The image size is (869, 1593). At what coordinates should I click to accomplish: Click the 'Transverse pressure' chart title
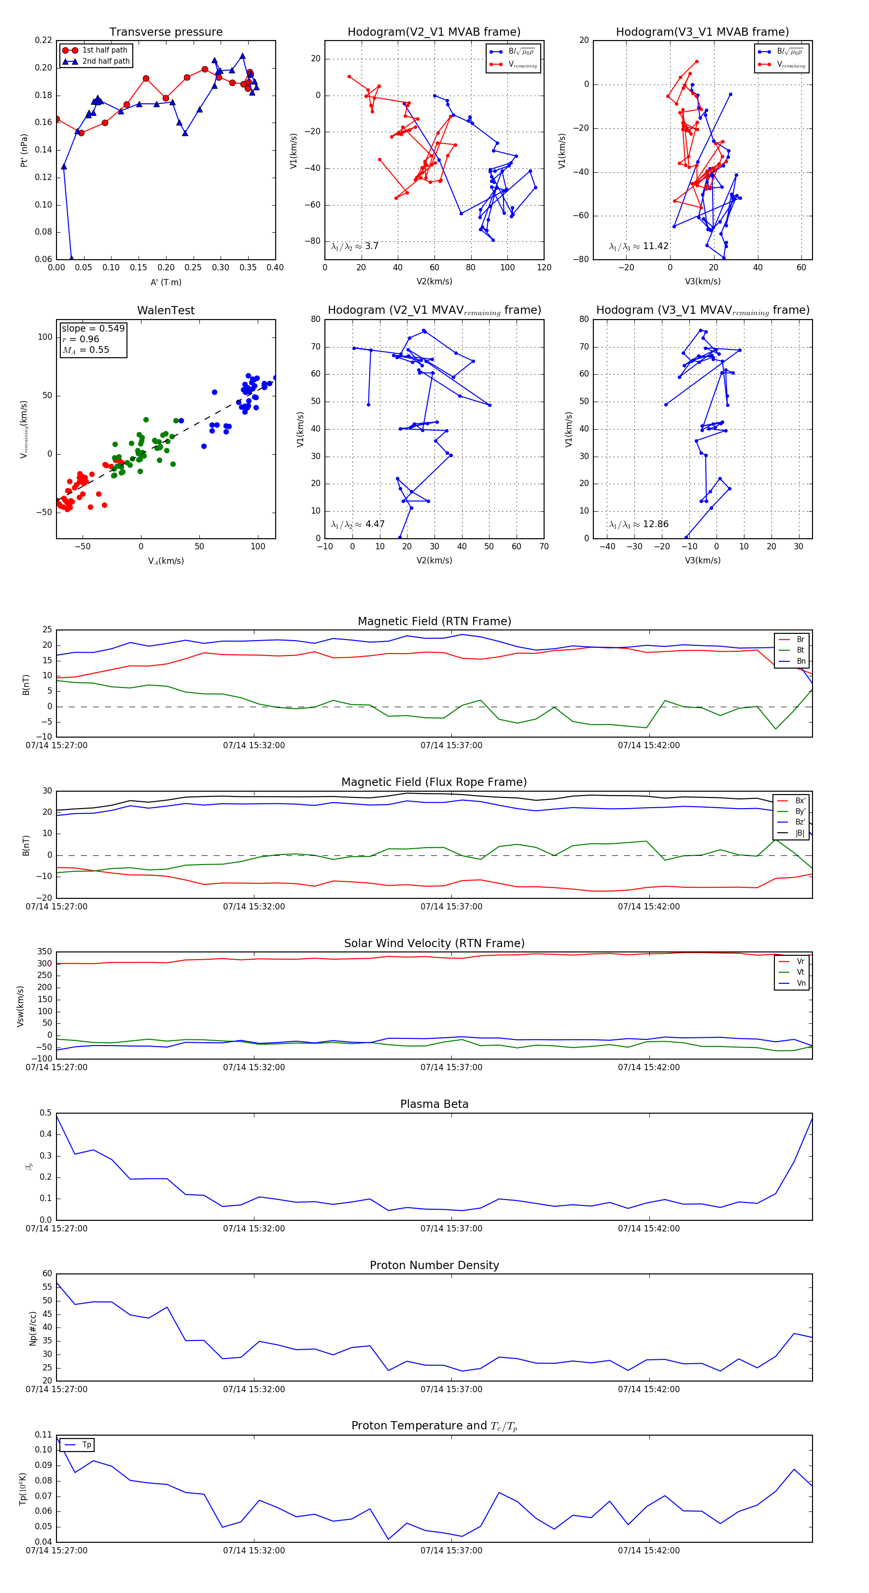tap(166, 32)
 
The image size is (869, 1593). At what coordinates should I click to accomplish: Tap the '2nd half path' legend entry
tap(106, 61)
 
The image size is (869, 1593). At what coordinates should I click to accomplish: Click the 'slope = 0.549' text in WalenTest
tap(93, 328)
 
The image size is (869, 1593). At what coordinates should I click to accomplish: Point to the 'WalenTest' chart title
tap(166, 310)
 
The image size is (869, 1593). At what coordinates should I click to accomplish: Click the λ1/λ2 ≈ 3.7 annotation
tap(354, 246)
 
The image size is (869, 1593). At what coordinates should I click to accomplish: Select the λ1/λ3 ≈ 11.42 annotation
tap(638, 246)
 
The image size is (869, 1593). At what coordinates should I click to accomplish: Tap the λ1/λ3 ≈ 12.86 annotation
tap(638, 524)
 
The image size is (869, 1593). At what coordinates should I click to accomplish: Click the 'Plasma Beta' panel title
tap(434, 1104)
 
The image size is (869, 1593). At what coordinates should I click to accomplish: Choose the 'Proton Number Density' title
tap(434, 1265)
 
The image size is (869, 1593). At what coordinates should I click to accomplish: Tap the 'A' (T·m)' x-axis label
tap(166, 282)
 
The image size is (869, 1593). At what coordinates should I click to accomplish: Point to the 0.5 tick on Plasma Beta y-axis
tap(46, 1113)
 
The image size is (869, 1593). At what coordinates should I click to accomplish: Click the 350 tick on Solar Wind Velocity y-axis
tap(44, 952)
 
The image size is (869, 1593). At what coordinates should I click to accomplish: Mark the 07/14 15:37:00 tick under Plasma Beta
tap(451, 1229)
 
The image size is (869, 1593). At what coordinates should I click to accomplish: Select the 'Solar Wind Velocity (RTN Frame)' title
tap(434, 943)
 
